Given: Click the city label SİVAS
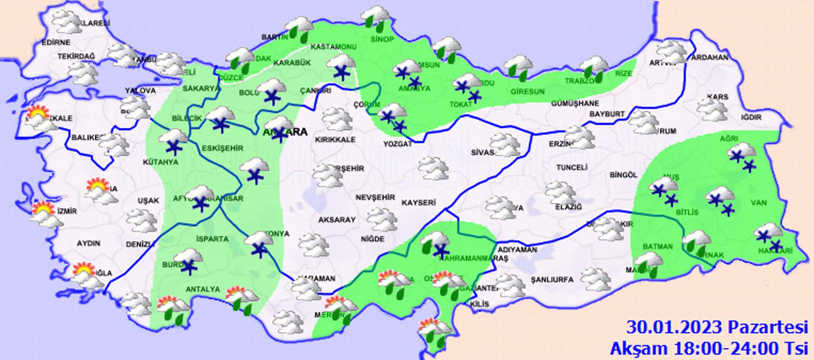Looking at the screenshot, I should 482,152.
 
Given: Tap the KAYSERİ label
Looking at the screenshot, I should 418,203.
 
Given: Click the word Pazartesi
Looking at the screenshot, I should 768,327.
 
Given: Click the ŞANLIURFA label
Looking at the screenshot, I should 552,280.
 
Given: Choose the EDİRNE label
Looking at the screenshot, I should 56,42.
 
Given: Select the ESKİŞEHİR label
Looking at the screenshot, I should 223,148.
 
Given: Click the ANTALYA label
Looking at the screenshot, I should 203,289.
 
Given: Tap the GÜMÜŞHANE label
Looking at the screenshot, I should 575,103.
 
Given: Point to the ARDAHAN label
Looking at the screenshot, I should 710,57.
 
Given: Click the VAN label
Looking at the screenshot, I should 758,203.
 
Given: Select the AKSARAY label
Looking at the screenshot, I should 337,220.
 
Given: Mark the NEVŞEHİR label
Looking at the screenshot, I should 375,198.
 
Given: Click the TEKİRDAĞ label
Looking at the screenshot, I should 76,56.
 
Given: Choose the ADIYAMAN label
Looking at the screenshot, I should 517,250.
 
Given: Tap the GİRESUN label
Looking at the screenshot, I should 527,91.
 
